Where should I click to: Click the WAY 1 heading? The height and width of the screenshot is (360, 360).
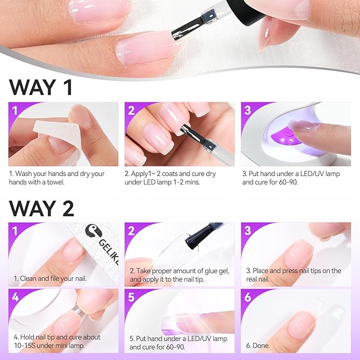(40, 86)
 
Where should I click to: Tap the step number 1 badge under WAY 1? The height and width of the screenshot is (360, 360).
(15, 111)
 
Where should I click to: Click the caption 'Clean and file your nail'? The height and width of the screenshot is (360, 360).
(50, 278)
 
